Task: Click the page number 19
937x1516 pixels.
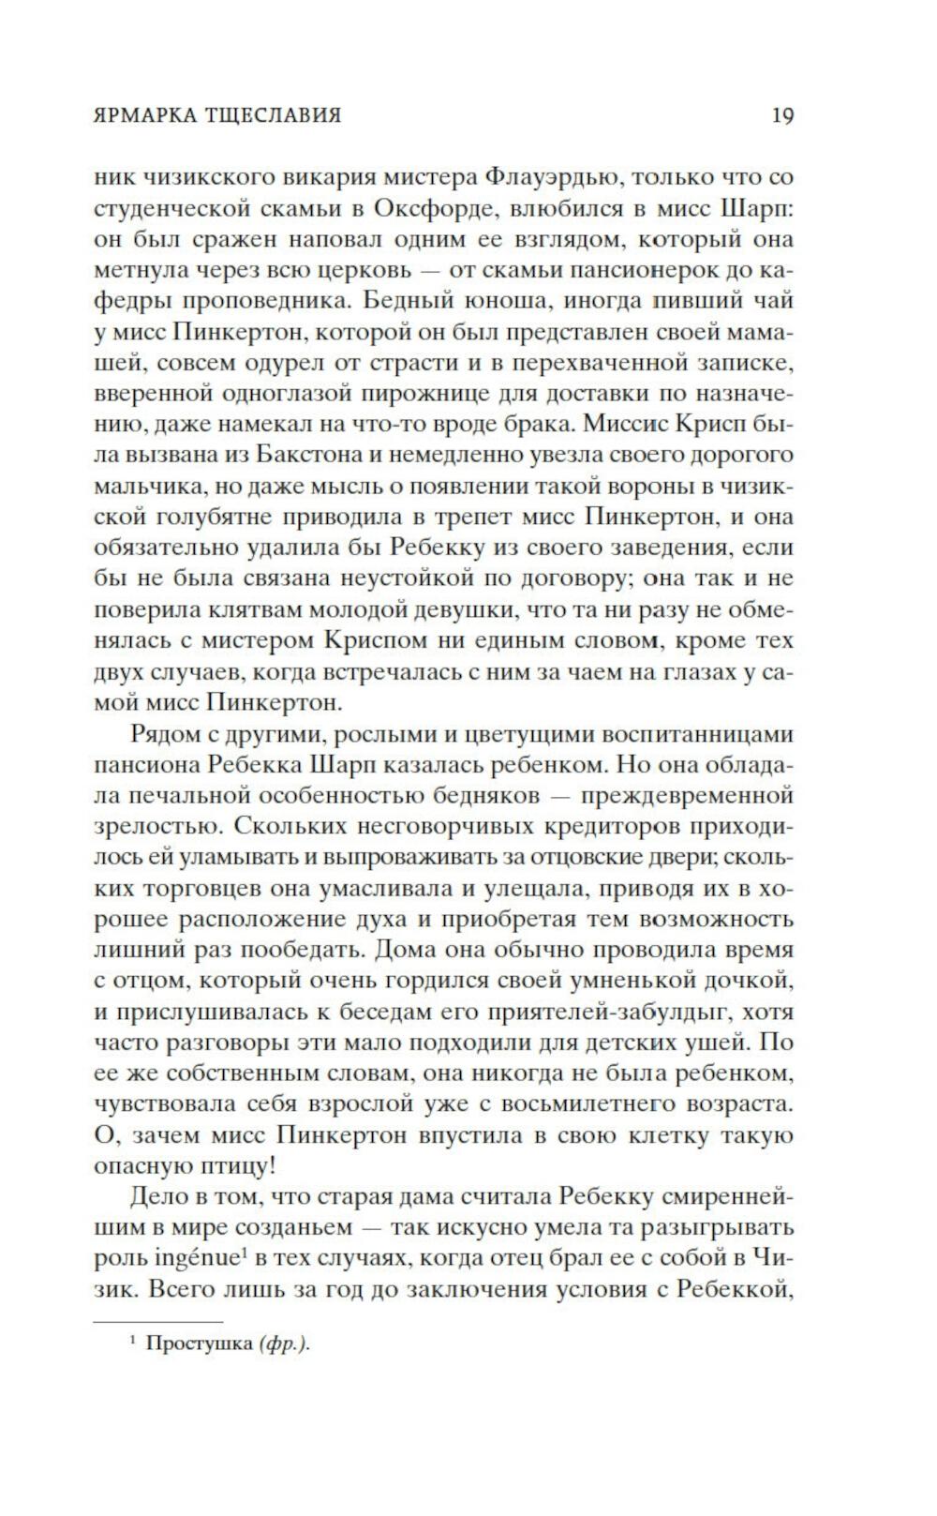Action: click(782, 115)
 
